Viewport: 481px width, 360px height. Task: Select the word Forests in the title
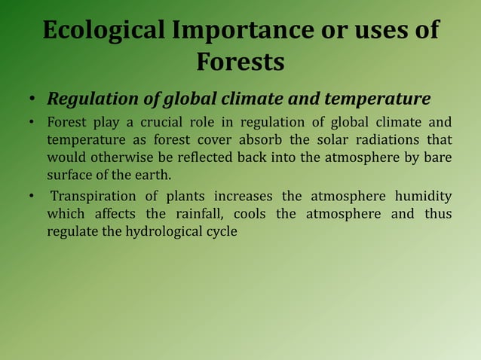click(x=240, y=62)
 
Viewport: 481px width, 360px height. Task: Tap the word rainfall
click(x=198, y=215)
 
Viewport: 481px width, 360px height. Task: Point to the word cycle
click(x=220, y=232)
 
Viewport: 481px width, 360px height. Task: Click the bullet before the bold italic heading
click(x=32, y=100)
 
